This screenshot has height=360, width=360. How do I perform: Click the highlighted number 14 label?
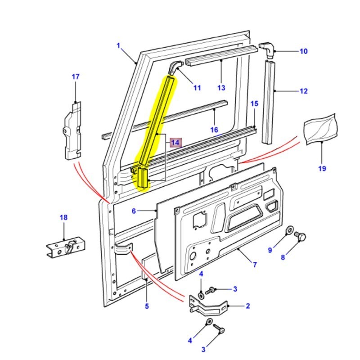(175, 143)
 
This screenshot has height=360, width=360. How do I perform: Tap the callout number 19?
(323, 169)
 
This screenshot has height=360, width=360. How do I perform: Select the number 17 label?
(75, 77)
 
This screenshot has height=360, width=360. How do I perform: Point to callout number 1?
(119, 45)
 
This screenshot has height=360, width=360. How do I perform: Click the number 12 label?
(303, 91)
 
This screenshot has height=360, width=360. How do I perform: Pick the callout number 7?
(254, 265)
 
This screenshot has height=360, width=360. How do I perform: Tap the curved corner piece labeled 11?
(175, 67)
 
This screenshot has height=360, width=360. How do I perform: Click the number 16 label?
(214, 130)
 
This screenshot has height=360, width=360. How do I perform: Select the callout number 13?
(221, 88)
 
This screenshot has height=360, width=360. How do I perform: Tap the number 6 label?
(134, 211)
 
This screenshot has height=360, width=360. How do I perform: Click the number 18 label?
(63, 218)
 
